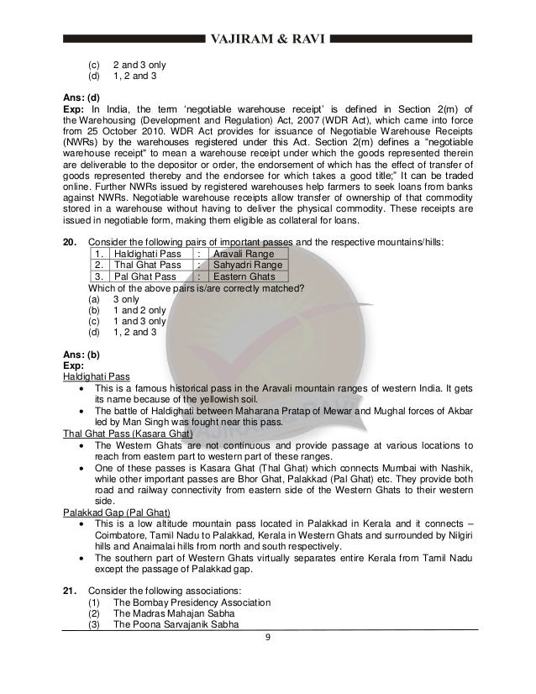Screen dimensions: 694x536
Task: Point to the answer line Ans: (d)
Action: click(81, 97)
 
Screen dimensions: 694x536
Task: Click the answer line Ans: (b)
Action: click(81, 354)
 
